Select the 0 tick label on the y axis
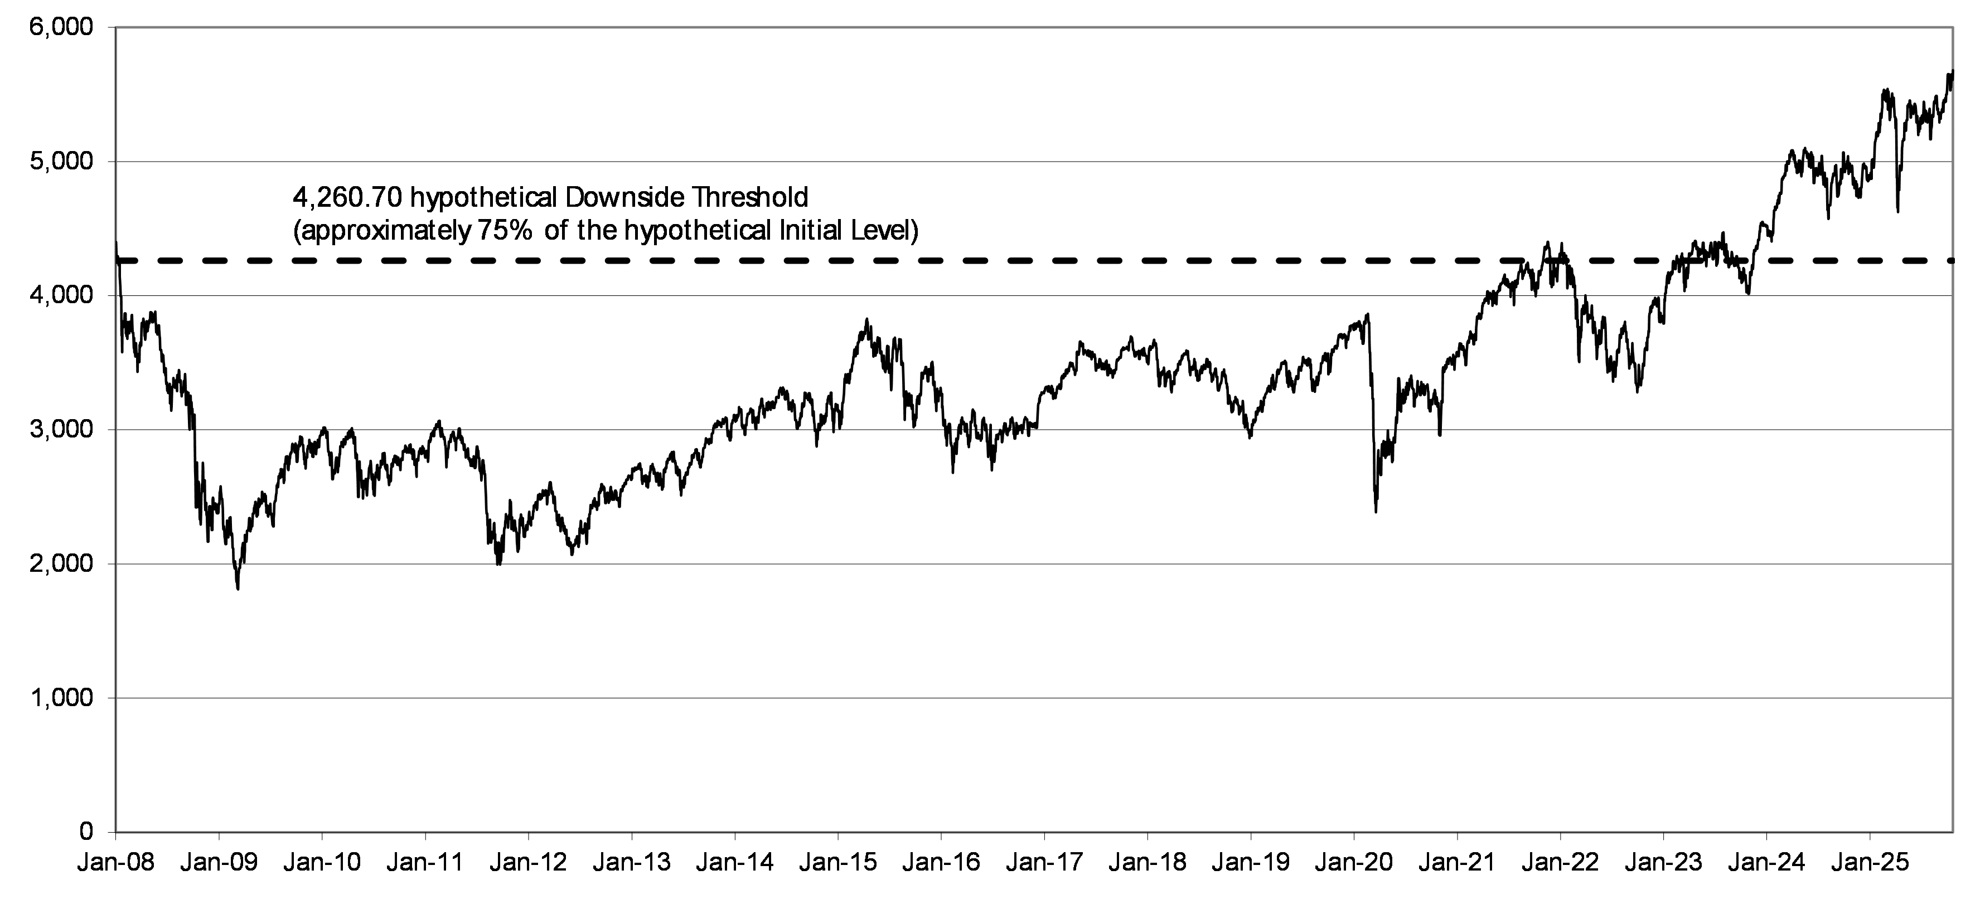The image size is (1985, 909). (86, 832)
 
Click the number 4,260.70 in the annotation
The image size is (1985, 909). (347, 198)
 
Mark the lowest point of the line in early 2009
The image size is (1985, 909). (238, 589)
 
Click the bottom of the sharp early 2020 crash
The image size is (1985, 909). (1376, 512)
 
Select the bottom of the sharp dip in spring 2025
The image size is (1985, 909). (1897, 212)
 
